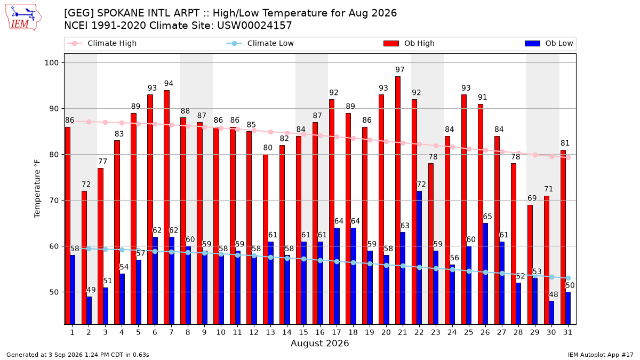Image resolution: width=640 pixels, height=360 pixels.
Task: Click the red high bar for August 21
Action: tap(398, 201)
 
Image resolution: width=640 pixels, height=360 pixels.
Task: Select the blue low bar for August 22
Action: tap(419, 258)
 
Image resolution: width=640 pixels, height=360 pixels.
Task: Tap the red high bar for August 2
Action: tap(84, 258)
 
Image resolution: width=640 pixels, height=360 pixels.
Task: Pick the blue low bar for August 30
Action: tap(551, 313)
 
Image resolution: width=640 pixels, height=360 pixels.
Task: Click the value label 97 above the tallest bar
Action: tap(400, 70)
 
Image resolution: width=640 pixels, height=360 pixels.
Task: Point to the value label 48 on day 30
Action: tap(554, 294)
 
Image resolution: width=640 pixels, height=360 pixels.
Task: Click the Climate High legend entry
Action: tap(102, 43)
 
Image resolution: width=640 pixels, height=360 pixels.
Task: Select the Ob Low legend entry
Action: tap(549, 43)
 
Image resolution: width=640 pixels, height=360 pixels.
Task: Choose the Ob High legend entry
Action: tap(409, 43)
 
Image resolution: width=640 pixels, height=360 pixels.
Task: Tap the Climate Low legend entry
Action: tap(260, 43)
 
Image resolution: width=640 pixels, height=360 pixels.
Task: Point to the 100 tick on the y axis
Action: tap(52, 62)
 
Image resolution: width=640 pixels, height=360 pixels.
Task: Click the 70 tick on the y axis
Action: tap(54, 201)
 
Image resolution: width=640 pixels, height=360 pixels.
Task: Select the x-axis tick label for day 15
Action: tap(303, 332)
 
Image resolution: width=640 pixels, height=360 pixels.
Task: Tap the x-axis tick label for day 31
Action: tap(567, 332)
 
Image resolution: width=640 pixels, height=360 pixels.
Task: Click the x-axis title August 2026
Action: tap(319, 343)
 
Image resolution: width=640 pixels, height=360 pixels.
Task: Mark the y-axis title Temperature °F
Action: tap(37, 189)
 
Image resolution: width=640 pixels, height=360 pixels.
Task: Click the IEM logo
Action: tap(23, 18)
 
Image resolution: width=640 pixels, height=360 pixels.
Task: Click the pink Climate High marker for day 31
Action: tap(569, 157)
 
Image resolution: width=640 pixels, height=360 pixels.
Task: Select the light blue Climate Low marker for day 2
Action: tap(89, 249)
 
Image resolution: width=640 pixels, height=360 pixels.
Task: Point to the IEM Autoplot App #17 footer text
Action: tap(601, 355)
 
